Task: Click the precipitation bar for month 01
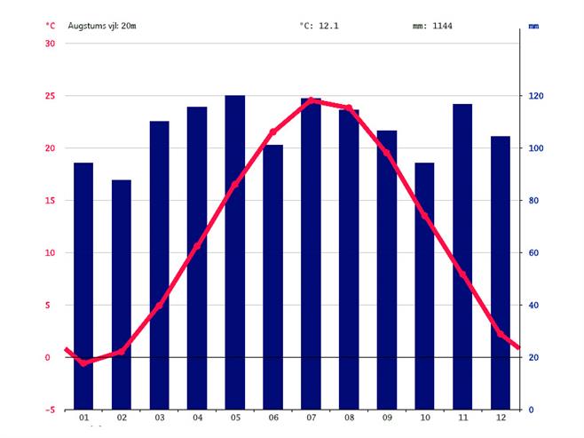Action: click(83, 284)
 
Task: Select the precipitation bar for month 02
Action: click(122, 293)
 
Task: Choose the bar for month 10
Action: click(424, 284)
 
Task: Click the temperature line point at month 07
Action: click(311, 101)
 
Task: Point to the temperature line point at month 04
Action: click(197, 246)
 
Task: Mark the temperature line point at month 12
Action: click(501, 334)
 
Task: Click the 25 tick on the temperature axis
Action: click(50, 96)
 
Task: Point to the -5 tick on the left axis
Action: click(50, 410)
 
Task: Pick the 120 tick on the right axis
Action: click(537, 96)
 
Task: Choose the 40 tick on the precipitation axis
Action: click(537, 306)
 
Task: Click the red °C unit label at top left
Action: click(50, 26)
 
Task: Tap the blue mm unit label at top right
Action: click(533, 26)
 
